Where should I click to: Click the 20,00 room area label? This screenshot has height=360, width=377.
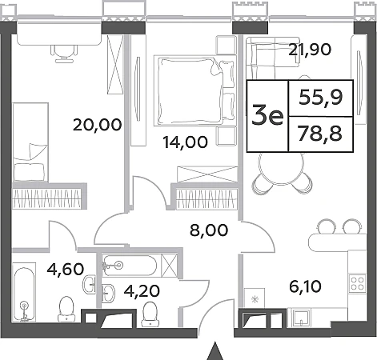(97, 125)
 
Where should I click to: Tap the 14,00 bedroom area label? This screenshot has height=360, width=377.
(186, 142)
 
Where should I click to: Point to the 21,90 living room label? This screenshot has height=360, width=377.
(310, 50)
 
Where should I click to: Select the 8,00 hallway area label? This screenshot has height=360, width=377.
(209, 230)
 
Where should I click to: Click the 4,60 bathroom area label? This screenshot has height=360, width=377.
(66, 269)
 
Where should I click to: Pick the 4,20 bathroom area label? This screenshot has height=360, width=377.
(142, 290)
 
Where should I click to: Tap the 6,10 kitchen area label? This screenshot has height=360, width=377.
(305, 286)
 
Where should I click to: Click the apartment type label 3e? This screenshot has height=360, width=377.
(267, 116)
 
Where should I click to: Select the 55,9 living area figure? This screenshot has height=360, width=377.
(321, 98)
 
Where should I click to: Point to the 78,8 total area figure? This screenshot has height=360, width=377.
(320, 134)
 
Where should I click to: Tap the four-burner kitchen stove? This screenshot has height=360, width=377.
(358, 283)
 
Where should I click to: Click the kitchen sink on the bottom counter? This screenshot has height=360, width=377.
(301, 318)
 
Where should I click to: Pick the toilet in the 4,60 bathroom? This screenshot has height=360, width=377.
(66, 309)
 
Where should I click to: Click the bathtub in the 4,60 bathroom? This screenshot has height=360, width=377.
(24, 292)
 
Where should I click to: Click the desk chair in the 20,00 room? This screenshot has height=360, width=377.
(64, 53)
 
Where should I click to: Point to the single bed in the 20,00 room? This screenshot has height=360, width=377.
(30, 142)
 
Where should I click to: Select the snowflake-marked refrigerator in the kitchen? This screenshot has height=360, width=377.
(255, 298)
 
